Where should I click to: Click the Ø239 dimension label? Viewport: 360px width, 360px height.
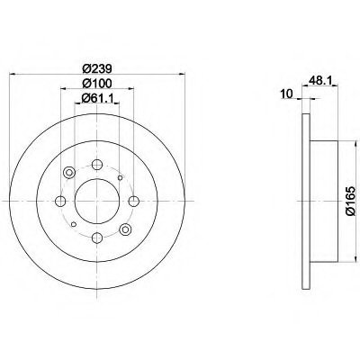pos(97,68)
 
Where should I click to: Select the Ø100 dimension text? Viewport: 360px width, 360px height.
pos(97,83)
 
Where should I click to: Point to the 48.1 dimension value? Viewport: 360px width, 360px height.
pos(319,80)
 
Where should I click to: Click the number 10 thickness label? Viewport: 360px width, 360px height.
pos(286,94)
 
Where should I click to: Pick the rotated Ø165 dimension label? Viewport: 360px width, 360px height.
pos(350,201)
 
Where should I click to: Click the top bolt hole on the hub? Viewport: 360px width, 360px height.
pos(97,165)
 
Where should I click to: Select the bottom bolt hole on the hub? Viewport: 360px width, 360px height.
pos(97,238)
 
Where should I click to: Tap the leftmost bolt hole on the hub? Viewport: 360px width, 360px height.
pos(60,202)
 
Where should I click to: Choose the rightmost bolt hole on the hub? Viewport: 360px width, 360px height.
pos(134,202)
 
